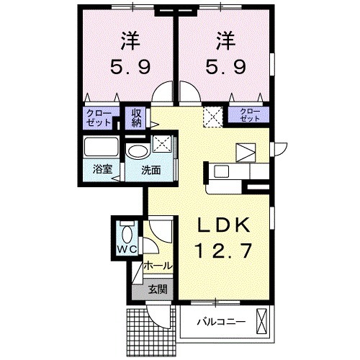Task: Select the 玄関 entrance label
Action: pyautogui.click(x=157, y=290)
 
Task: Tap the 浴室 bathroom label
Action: pyautogui.click(x=102, y=170)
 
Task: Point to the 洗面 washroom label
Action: pyautogui.click(x=150, y=171)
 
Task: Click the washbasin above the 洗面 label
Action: pyautogui.click(x=137, y=150)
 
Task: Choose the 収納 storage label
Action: pyautogui.click(x=136, y=117)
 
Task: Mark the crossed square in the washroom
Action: pyautogui.click(x=163, y=141)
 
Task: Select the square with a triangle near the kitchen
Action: pyautogui.click(x=246, y=152)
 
